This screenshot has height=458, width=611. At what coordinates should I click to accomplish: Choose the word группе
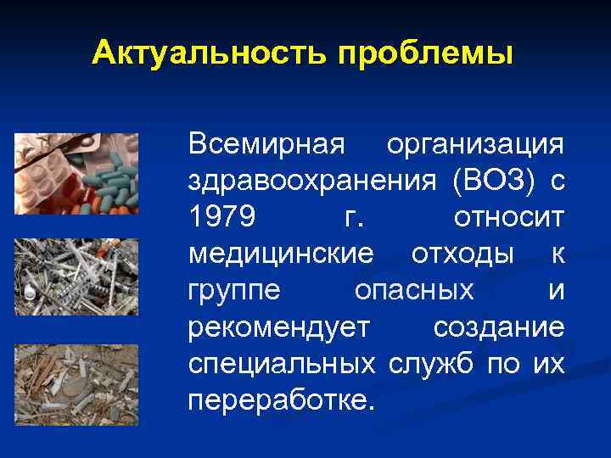pyautogui.click(x=236, y=291)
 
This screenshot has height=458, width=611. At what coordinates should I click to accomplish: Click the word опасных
pyautogui.click(x=414, y=291)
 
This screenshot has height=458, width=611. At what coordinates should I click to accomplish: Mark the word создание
pyautogui.click(x=499, y=327)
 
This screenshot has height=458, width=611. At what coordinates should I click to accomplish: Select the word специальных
pyautogui.click(x=283, y=364)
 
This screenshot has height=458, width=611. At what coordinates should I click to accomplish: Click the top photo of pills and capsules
pyautogui.click(x=76, y=173)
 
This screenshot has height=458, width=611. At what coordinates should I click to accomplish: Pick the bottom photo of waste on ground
pyautogui.click(x=76, y=383)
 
